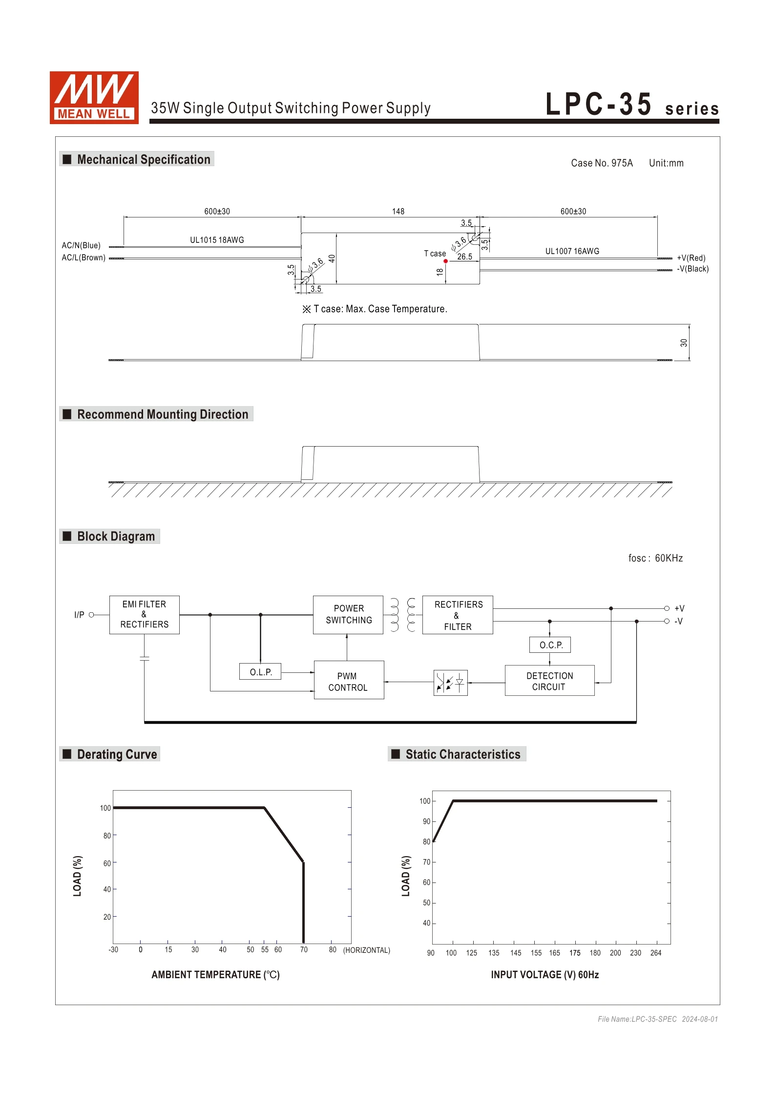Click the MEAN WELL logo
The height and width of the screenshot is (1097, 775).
pyautogui.click(x=94, y=97)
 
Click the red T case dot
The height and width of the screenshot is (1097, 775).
pyautogui.click(x=445, y=261)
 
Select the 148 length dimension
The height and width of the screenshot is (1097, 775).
pyautogui.click(x=398, y=212)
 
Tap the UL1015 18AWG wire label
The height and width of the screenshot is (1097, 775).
pyautogui.click(x=217, y=240)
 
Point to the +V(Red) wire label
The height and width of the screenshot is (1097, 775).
pyautogui.click(x=691, y=258)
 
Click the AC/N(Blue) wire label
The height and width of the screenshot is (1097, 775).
pyautogui.click(x=81, y=245)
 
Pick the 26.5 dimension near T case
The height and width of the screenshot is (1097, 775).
pyautogui.click(x=464, y=257)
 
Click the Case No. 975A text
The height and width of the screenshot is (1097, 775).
pyautogui.click(x=602, y=163)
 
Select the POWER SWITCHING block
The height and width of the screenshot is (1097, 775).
pyautogui.click(x=348, y=614)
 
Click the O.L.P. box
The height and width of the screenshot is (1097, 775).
pyautogui.click(x=260, y=672)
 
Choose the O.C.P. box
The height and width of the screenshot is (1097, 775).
pyautogui.click(x=550, y=645)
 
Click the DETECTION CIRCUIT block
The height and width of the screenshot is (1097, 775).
pyautogui.click(x=549, y=681)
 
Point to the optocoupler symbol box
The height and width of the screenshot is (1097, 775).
pyautogui.click(x=450, y=682)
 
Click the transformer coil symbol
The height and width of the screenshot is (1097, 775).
pyautogui.click(x=403, y=615)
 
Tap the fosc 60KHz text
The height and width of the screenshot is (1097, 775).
pyautogui.click(x=655, y=558)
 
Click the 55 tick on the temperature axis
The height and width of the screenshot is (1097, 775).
pyautogui.click(x=265, y=949)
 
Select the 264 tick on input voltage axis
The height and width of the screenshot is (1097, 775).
pyautogui.click(x=656, y=953)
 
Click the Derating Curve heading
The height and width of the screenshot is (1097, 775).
pyautogui.click(x=117, y=754)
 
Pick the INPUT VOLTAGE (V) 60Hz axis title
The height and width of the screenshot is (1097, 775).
pyautogui.click(x=545, y=975)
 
